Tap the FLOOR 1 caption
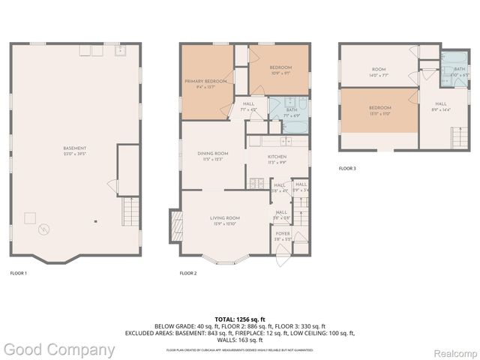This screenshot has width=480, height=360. tap(19, 273)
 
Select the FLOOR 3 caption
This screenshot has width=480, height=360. tap(347, 169)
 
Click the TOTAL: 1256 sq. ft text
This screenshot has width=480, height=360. tap(240, 319)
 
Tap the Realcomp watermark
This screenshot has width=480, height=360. tap(451, 349)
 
